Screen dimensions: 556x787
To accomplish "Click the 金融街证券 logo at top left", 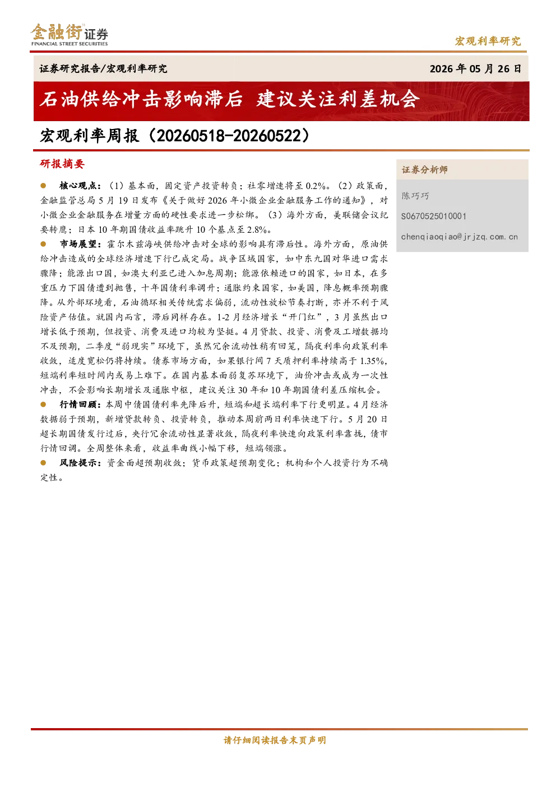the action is point(69,35).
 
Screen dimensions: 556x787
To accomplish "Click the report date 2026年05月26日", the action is point(475,68).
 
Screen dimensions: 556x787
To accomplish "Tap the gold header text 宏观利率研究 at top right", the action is point(488,41).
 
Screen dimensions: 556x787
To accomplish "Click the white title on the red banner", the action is point(230,99).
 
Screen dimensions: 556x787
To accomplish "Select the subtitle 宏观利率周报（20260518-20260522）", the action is point(175,136).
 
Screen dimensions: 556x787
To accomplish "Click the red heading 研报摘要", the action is point(62,164).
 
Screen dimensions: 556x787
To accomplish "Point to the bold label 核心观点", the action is point(80,186).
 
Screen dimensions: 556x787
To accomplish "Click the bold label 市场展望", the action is point(80,244).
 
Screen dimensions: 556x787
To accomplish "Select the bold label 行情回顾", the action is point(80,405).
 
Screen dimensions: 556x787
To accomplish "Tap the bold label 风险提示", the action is point(80,463).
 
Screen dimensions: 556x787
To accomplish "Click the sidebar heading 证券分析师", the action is point(425,170).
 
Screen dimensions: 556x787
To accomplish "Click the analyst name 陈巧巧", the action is point(415,196).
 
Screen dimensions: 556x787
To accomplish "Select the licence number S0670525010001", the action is point(434,217).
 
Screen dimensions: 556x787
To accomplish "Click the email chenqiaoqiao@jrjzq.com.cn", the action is point(460,237).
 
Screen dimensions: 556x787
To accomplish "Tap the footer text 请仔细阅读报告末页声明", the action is point(275,740).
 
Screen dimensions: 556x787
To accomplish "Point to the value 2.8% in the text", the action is point(257,230).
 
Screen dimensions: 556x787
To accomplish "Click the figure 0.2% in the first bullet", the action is point(316,186).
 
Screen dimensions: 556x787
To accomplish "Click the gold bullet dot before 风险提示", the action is point(43,463).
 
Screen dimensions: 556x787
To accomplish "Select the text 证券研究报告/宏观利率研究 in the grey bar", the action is point(103,68).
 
